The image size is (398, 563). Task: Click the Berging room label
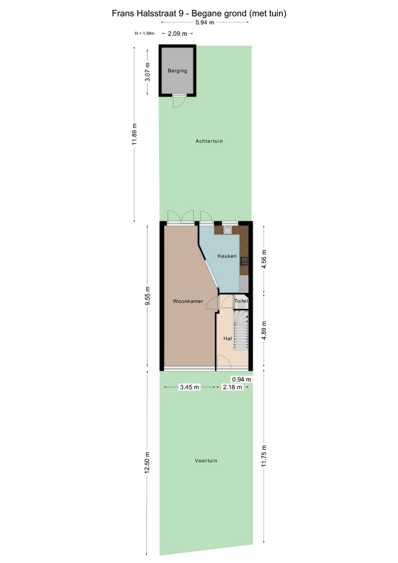pyautogui.click(x=177, y=71)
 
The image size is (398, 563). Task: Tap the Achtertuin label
pyautogui.click(x=209, y=141)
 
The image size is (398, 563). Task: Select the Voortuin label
pyautogui.click(x=206, y=461)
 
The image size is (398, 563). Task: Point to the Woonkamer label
pyautogui.click(x=188, y=301)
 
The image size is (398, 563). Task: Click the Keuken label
pyautogui.click(x=227, y=256)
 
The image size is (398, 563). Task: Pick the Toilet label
pyautogui.click(x=241, y=301)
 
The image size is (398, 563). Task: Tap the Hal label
pyautogui.click(x=227, y=338)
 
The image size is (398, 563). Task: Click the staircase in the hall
pyautogui.click(x=241, y=330)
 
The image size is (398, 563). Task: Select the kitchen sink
pyautogui.click(x=227, y=230)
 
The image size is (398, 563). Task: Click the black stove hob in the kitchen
pyautogui.click(x=244, y=261)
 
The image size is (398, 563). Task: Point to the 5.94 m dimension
pyautogui.click(x=205, y=22)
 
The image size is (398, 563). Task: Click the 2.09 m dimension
pyautogui.click(x=177, y=34)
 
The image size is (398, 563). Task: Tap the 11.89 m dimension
pyautogui.click(x=135, y=134)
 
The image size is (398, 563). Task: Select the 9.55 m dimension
pyautogui.click(x=148, y=296)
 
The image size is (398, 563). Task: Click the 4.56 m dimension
pyautogui.click(x=264, y=259)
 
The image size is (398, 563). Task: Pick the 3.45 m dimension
pyautogui.click(x=189, y=387)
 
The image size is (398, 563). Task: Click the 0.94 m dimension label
pyautogui.click(x=241, y=379)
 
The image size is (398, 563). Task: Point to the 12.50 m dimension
pyautogui.click(x=147, y=463)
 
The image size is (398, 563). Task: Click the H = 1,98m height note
pyautogui.click(x=145, y=33)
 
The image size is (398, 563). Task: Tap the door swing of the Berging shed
pyautogui.click(x=179, y=102)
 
